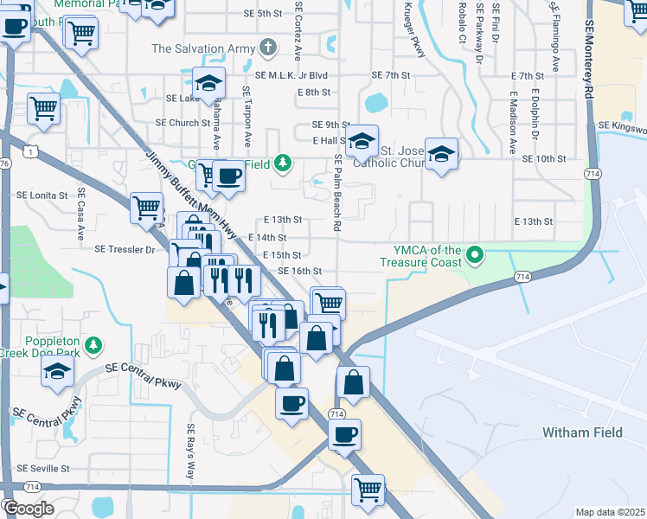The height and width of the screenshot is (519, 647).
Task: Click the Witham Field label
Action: coord(577,432)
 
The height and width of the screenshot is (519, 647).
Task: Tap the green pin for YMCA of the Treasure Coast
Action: coord(474,255)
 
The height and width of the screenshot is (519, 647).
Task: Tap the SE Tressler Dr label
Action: coord(125,249)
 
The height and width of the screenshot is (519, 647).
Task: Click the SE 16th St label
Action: coord(300,271)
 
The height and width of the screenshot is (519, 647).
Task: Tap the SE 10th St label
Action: coord(544,159)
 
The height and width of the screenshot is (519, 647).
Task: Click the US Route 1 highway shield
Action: coord(31,151)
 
